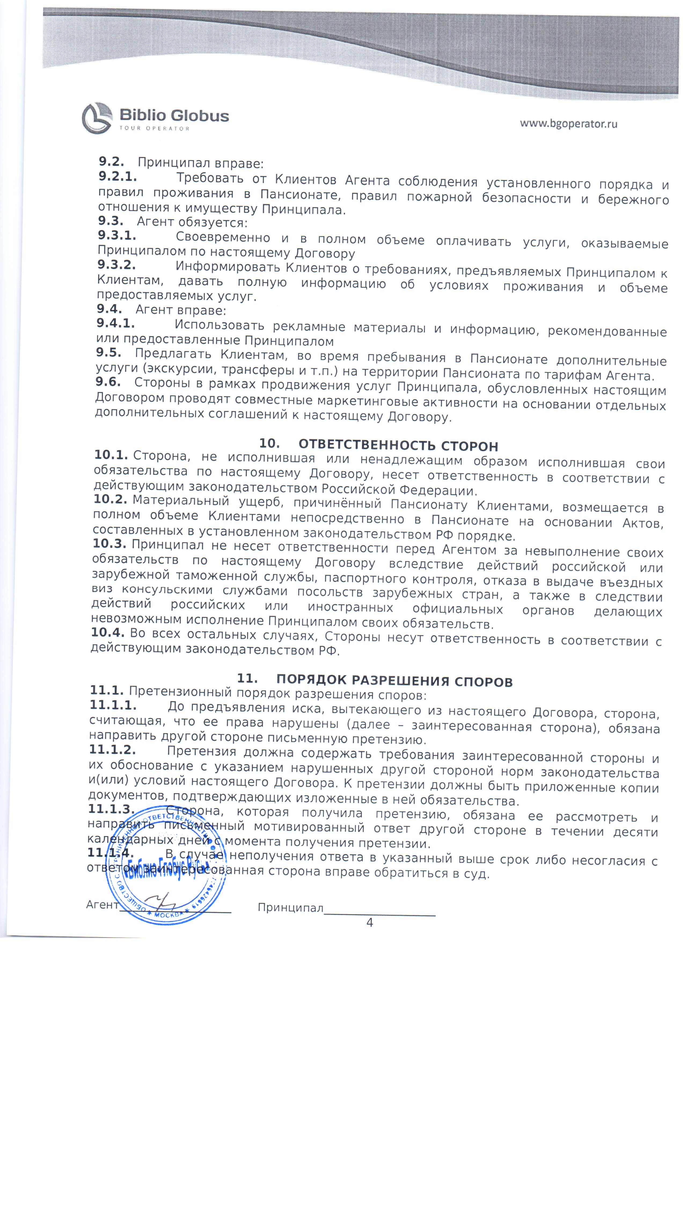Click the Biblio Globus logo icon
97,118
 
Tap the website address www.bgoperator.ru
568,124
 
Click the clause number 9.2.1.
118,177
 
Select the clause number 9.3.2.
116,265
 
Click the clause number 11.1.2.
112,750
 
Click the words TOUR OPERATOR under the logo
154,128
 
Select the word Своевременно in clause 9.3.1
223,238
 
